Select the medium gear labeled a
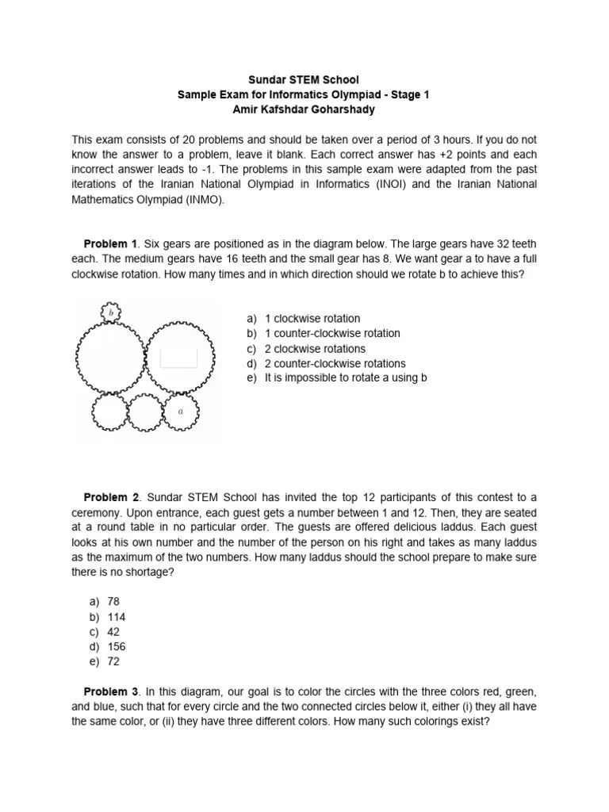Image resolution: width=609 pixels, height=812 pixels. tap(181, 412)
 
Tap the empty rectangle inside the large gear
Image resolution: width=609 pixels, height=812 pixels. tap(178, 358)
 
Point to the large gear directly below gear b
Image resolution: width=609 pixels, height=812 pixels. tap(110, 358)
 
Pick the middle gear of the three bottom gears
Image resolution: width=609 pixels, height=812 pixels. tap(145, 412)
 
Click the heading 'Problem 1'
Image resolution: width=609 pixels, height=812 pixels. tap(111, 243)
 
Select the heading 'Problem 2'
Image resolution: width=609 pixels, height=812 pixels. tap(111, 497)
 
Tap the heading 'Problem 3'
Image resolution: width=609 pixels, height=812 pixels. tap(111, 692)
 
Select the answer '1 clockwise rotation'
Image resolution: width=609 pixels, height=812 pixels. tap(312, 319)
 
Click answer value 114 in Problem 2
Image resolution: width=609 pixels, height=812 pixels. tap(116, 617)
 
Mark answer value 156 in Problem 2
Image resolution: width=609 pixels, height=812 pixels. tap(116, 646)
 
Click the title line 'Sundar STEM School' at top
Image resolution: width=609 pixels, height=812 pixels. tap(304, 80)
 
